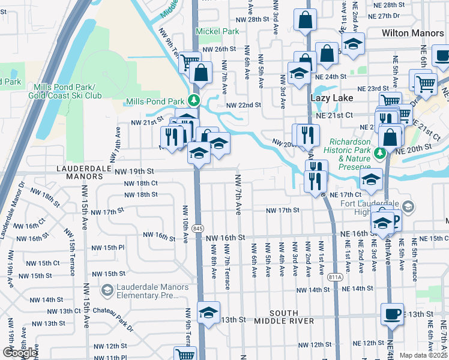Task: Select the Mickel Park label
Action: (217, 31)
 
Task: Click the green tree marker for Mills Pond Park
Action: (193, 100)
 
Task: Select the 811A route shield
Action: (336, 277)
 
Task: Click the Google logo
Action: (19, 352)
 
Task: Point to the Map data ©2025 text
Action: (423, 355)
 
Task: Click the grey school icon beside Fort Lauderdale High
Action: (408, 208)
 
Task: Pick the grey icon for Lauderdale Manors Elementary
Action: (107, 291)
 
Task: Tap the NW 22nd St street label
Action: (243, 104)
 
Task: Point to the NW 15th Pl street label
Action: (107, 247)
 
